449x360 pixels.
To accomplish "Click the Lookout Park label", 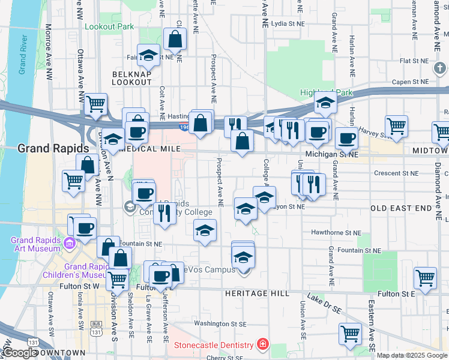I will (x=109, y=26).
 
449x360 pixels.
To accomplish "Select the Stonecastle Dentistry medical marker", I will (x=262, y=345).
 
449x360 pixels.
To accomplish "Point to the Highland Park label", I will (x=327, y=93).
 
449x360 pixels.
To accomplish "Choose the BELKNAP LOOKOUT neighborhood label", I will (x=131, y=77).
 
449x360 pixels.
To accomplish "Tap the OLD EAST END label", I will (x=401, y=208).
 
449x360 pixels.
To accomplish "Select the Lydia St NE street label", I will (x=289, y=24).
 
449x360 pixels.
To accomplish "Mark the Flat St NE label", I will (x=414, y=61).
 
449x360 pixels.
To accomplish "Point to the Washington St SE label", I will (x=220, y=323).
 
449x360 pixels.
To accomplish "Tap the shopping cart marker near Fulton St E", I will (x=425, y=278).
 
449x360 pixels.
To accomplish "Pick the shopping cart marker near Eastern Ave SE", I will (x=350, y=333).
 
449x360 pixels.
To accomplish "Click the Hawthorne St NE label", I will (x=336, y=232).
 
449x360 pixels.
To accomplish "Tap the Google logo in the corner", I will (x=20, y=353).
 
